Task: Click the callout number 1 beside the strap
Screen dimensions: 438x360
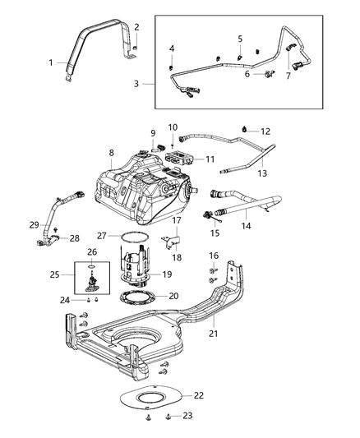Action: click(51, 63)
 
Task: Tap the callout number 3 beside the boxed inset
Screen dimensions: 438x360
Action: click(137, 83)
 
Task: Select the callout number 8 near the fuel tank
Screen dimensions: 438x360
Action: click(112, 152)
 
